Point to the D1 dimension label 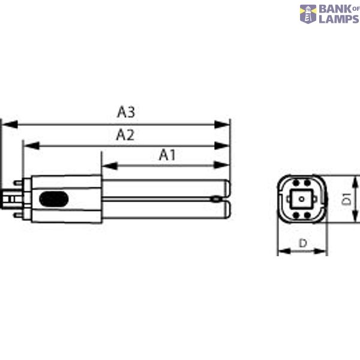[x=347, y=199]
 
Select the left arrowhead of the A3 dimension [x=6, y=125]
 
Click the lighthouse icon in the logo [x=308, y=14]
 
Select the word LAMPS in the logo [x=338, y=19]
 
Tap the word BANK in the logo [x=334, y=9]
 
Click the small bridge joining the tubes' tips [x=215, y=199]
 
